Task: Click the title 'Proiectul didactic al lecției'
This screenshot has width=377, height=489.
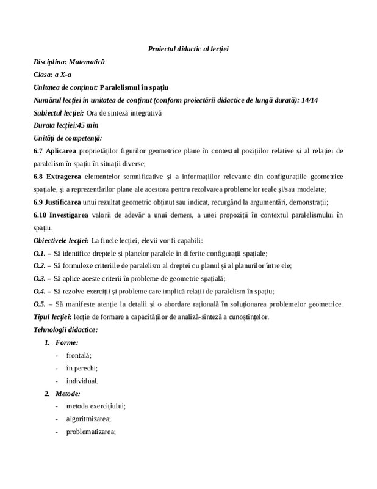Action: point(188,48)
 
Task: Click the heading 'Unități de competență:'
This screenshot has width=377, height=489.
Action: point(68,138)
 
